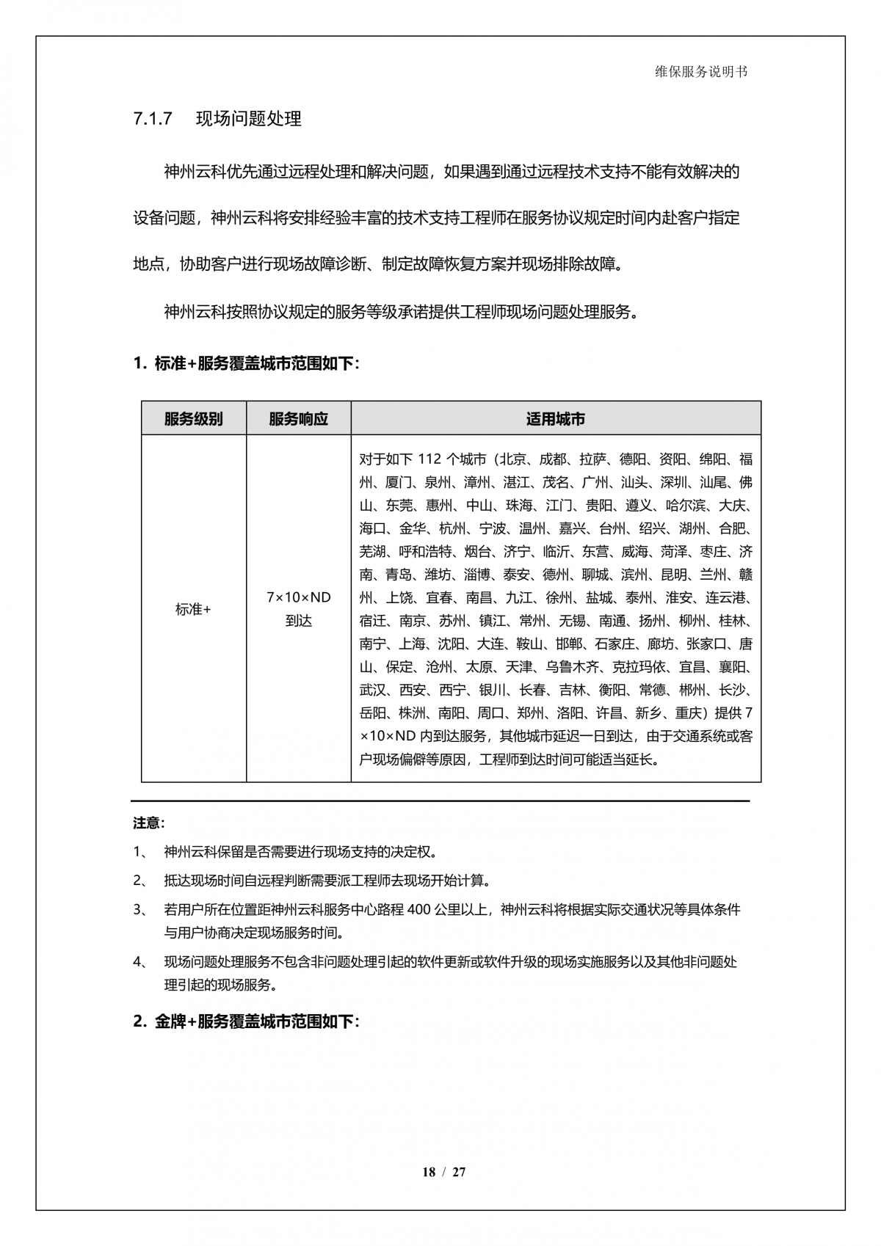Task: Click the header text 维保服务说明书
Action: pos(700,72)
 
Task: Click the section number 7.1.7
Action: pos(153,119)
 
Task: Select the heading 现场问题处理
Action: pos(249,119)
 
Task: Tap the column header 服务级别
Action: pos(193,419)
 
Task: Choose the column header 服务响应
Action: pos(298,419)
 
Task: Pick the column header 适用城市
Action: pos(555,419)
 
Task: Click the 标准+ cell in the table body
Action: pos(193,609)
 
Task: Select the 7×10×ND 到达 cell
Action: pos(298,609)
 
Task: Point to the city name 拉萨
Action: pos(592,459)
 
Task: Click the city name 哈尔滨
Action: pos(686,506)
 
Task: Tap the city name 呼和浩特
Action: pos(425,552)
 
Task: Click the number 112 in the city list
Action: pos(429,459)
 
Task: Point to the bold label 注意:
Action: pos(149,823)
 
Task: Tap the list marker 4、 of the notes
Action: pos(140,962)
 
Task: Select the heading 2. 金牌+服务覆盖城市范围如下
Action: pos(246,1021)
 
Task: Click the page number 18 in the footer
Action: pos(429,1172)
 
